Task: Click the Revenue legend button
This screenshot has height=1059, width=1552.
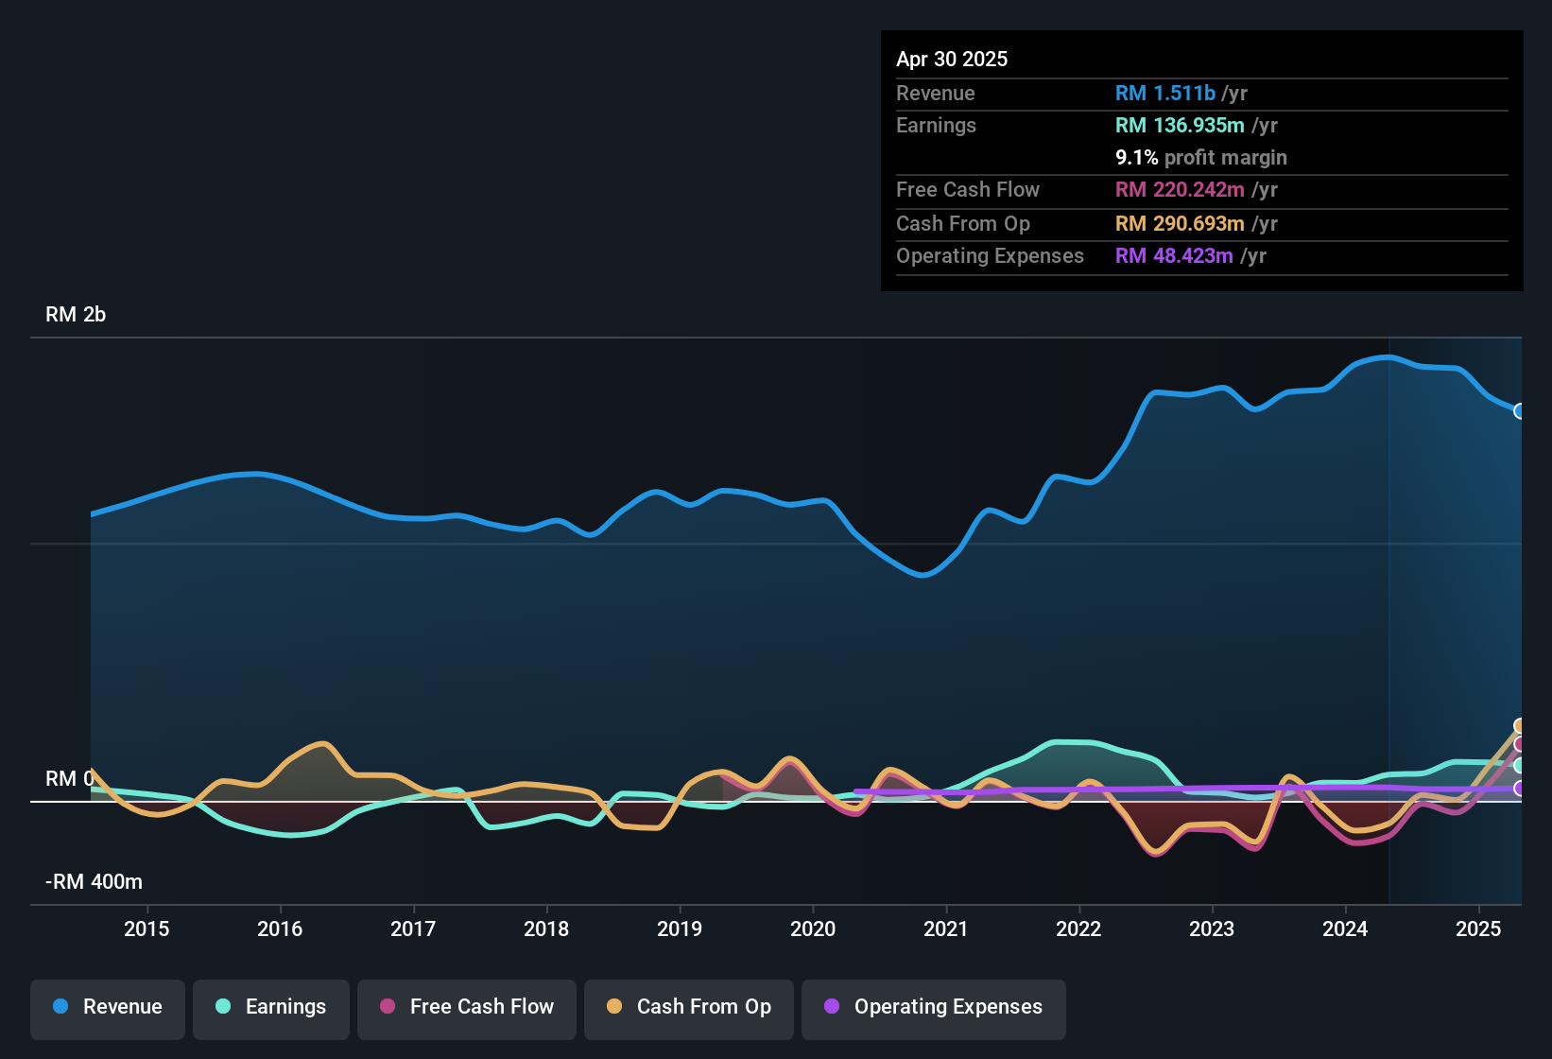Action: [108, 1007]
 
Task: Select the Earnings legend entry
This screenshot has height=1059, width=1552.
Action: [271, 1007]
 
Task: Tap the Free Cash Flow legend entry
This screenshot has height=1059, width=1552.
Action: [467, 1007]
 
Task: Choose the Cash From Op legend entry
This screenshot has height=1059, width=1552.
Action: [689, 1007]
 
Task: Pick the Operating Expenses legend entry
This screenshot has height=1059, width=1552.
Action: [934, 1007]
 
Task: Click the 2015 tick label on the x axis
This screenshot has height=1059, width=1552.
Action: [147, 929]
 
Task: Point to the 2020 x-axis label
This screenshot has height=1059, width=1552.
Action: [813, 929]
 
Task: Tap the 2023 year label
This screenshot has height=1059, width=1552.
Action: [1212, 929]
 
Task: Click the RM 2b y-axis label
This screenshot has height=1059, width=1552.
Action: [76, 315]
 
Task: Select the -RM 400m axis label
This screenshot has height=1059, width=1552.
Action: [94, 882]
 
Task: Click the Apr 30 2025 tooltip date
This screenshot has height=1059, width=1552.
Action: [952, 59]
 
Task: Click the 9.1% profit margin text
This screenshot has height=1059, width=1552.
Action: [1200, 157]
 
